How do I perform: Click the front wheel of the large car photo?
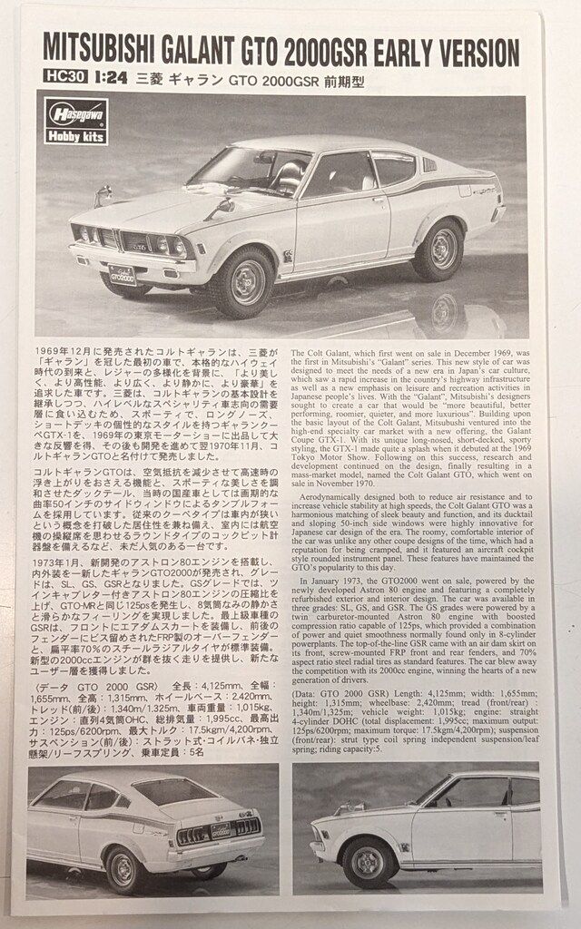243,282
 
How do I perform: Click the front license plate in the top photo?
123,274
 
